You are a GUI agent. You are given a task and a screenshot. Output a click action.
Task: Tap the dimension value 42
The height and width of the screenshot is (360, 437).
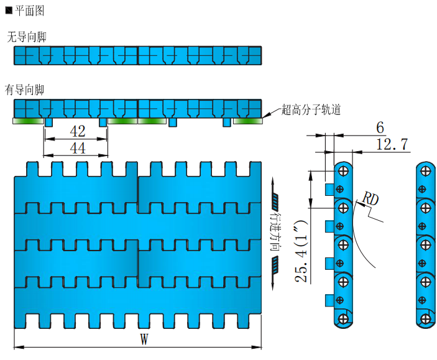coord(78,131)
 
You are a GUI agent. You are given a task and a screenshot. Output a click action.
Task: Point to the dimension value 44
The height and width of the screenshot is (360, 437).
coord(78,148)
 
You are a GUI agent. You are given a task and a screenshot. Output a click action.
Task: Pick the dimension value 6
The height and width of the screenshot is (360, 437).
coord(380,127)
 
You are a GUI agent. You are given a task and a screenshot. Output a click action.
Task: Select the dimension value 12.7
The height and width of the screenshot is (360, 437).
coord(392,144)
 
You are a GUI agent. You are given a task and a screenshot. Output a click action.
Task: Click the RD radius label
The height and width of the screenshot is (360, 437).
coord(370,199)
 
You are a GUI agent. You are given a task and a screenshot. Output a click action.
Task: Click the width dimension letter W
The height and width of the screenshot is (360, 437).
coord(144,339)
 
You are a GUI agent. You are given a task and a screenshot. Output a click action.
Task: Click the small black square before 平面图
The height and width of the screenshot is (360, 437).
coord(8,11)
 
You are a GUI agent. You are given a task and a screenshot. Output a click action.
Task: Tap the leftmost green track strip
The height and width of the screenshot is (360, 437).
coord(27,121)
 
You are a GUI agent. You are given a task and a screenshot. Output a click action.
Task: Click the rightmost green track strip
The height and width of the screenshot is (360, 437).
coord(247,121)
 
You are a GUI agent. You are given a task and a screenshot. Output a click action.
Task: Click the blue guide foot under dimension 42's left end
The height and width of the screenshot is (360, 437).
coord(48,123)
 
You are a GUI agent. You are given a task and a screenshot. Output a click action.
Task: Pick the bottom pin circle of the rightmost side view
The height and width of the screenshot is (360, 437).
coord(425,319)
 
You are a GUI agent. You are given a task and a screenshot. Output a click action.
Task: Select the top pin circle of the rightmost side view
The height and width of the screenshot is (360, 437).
coord(425,170)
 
